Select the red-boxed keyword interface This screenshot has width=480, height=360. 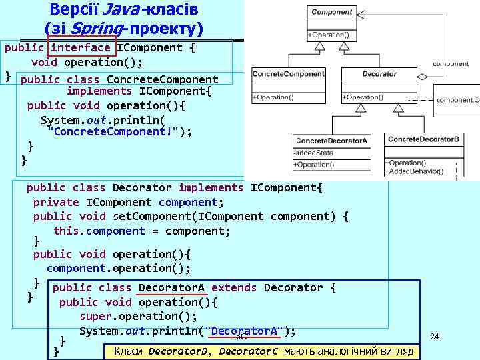pyautogui.click(x=81, y=47)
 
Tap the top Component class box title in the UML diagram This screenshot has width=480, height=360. pyautogui.click(x=332, y=12)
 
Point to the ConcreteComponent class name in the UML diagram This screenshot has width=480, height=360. pyautogui.click(x=288, y=74)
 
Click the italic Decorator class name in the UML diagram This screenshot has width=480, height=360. pyautogui.click(x=379, y=74)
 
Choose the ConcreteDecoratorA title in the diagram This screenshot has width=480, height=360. pyautogui.click(x=331, y=141)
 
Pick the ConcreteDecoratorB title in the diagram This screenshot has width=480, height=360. pyautogui.click(x=423, y=139)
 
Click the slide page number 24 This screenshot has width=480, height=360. pyautogui.click(x=435, y=336)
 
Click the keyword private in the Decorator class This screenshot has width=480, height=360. pyautogui.click(x=56, y=202)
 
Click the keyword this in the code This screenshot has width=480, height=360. pyautogui.click(x=65, y=231)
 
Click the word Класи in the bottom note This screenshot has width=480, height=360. pyautogui.click(x=128, y=351)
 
